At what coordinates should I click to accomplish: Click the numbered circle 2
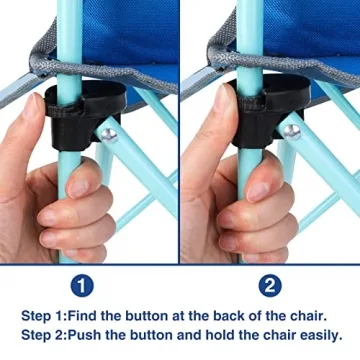(x=270, y=286)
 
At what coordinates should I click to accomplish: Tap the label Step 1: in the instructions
(x=43, y=315)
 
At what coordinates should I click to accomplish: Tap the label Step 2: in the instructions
(x=43, y=335)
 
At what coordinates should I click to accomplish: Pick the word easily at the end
(x=318, y=335)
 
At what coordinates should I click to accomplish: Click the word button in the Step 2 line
(x=156, y=335)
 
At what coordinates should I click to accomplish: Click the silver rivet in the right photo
(x=291, y=131)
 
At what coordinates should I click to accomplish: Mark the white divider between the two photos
(x=179, y=130)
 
